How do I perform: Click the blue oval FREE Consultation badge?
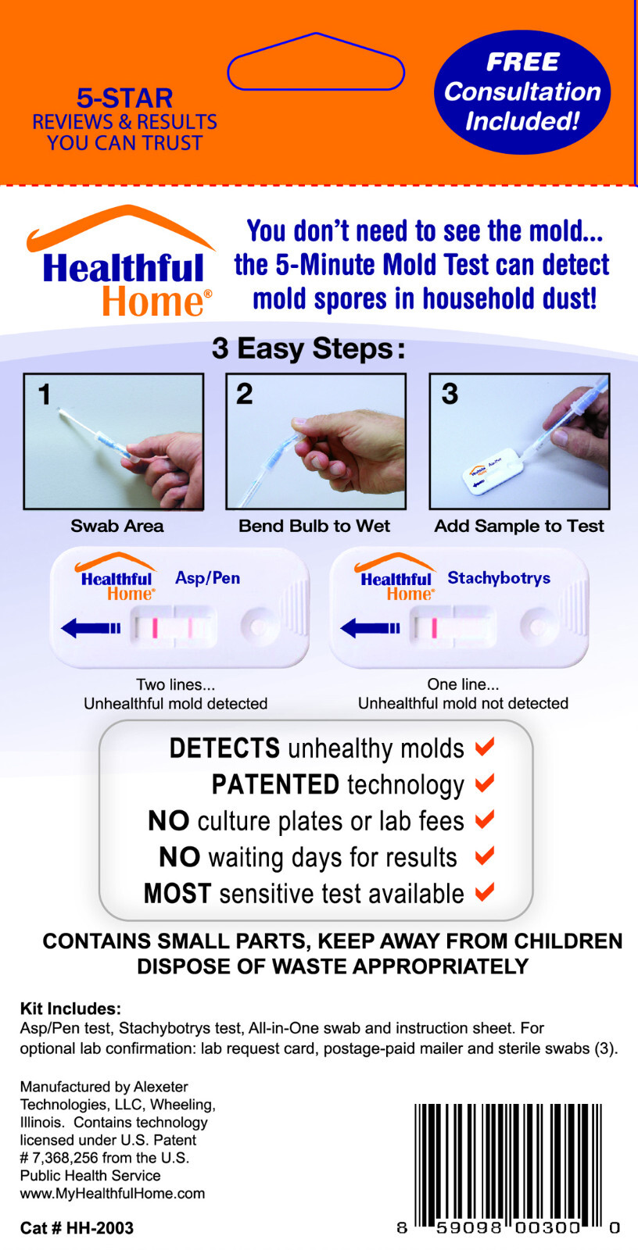point(522,92)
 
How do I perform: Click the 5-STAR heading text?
point(124,98)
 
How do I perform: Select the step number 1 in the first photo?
point(45,395)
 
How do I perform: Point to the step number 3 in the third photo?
point(450,394)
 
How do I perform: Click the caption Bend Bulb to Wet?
point(314,526)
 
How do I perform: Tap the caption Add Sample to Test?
point(519,526)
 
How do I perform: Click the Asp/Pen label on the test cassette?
point(207,578)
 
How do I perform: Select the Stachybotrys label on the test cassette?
point(499,578)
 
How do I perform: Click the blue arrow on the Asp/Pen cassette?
point(90,627)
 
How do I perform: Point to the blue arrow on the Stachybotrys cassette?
point(370,627)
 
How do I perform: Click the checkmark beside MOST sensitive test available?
point(485,891)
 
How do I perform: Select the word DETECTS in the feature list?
point(224,748)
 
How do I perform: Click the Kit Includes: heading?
point(70,1009)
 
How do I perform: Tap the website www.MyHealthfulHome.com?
point(113,1194)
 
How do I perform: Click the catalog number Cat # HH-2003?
point(77,1228)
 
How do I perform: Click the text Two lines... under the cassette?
point(175,685)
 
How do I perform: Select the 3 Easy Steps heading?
point(308,348)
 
